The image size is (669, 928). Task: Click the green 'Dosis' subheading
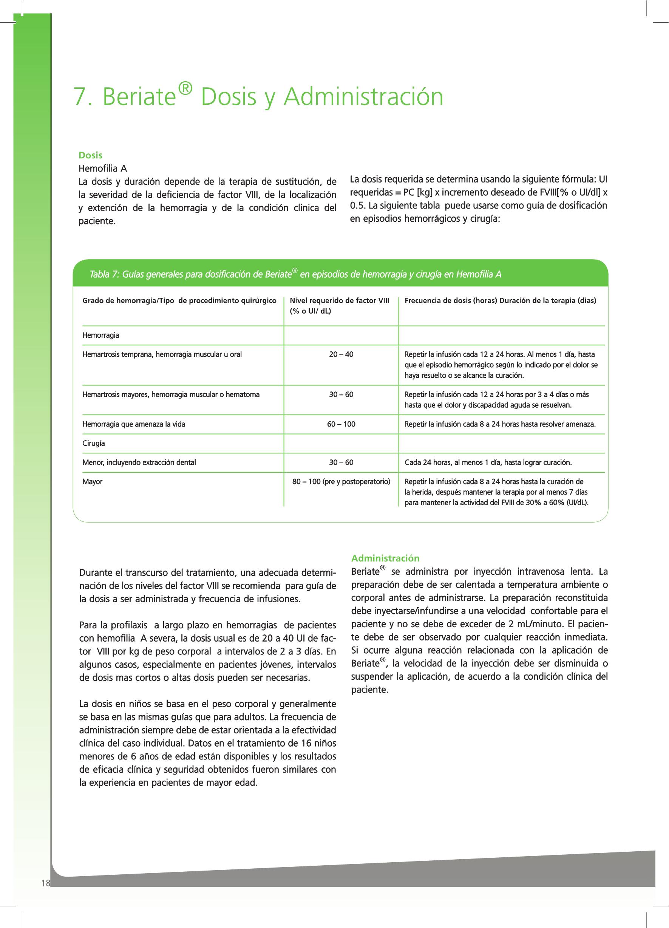(x=90, y=155)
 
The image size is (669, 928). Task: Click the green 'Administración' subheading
(x=385, y=558)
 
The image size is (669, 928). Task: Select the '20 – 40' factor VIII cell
(x=341, y=354)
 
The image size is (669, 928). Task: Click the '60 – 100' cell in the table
(x=341, y=424)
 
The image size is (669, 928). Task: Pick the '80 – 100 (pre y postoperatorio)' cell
(x=341, y=482)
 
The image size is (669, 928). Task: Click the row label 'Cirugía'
(x=94, y=444)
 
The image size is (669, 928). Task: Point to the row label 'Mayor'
(x=93, y=482)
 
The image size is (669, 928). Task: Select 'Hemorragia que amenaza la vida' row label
(x=134, y=424)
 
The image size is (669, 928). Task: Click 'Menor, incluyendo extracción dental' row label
(x=139, y=463)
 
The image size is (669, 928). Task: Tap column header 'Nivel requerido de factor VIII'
(x=339, y=301)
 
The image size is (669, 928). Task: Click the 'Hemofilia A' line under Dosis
(x=103, y=169)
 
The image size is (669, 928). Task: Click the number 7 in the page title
(x=80, y=97)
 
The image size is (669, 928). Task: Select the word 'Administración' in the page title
(x=363, y=97)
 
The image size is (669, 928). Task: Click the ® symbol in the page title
(x=185, y=88)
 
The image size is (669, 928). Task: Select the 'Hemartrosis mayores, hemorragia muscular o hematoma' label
(x=171, y=395)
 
